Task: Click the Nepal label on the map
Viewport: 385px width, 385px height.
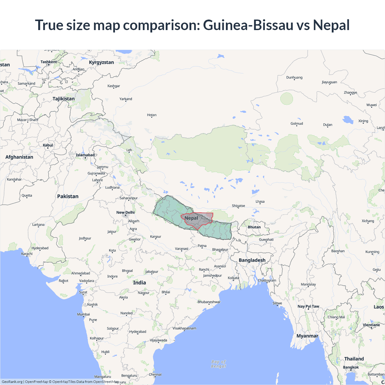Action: [x=191, y=218]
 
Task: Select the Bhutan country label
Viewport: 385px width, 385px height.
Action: [x=254, y=227]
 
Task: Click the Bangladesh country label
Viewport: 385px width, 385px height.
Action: [x=252, y=260]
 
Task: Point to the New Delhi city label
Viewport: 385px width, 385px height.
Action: [x=125, y=212]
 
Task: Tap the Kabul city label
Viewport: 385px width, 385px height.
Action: [x=48, y=145]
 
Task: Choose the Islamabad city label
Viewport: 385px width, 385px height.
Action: [x=85, y=155]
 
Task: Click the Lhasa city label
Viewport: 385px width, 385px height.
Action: [x=260, y=202]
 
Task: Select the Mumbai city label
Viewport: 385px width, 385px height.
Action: [x=83, y=314]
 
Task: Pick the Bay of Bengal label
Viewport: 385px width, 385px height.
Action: [x=219, y=364]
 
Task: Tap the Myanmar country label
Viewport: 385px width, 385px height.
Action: [x=307, y=336]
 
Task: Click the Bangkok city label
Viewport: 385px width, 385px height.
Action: [x=351, y=367]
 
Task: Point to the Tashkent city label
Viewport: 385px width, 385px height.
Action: [x=49, y=62]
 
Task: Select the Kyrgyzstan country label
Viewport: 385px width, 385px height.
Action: [x=101, y=62]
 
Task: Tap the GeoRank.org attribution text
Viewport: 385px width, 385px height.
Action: [x=12, y=382]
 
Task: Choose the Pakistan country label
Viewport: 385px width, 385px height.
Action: [x=68, y=196]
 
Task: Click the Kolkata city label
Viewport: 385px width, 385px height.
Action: [x=233, y=278]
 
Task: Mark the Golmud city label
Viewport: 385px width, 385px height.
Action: [x=297, y=124]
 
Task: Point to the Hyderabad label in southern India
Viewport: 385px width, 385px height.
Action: [x=138, y=332]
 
